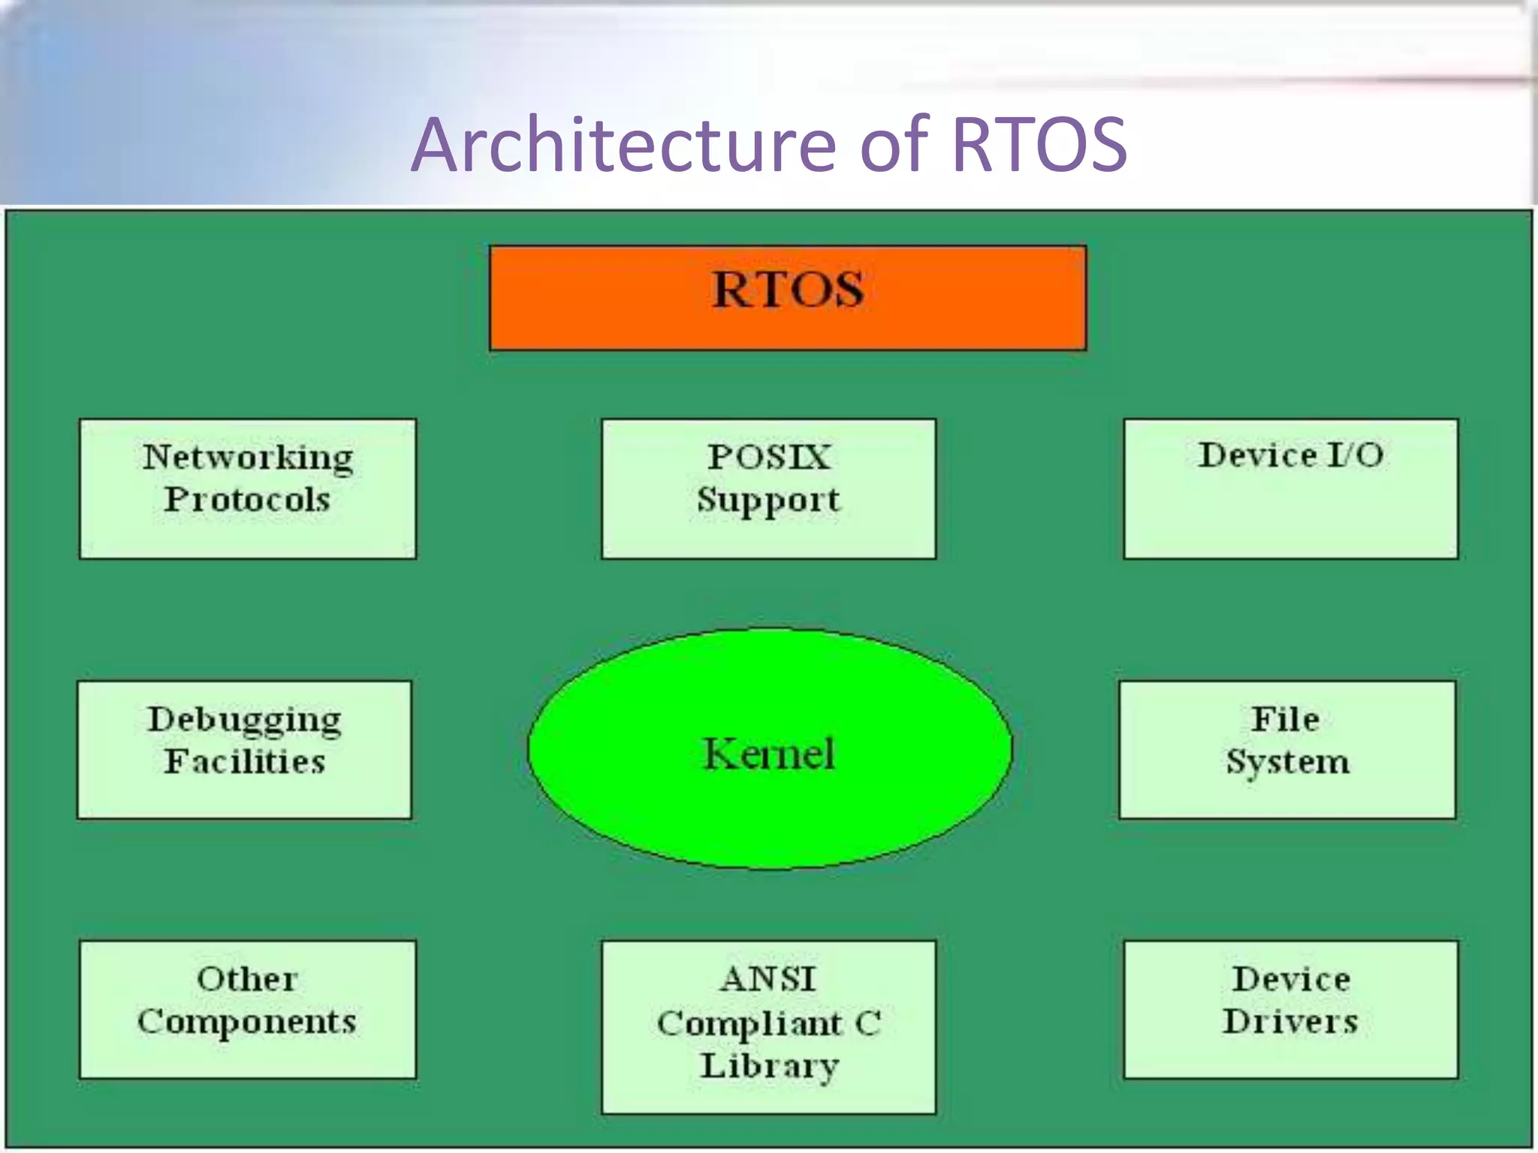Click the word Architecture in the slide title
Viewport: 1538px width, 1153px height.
click(623, 144)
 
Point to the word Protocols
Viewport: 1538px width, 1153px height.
click(247, 500)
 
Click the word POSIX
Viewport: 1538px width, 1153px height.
click(769, 457)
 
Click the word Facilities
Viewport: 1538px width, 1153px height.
click(245, 761)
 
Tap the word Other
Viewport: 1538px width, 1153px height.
click(247, 979)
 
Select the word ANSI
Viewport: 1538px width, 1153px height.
click(768, 979)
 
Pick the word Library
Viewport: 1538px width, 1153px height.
click(769, 1066)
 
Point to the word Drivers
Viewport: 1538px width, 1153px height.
click(1290, 1022)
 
